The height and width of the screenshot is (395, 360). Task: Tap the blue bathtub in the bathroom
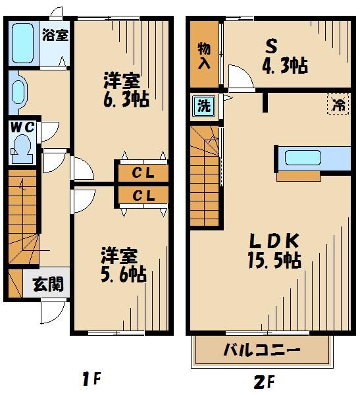tap(22, 43)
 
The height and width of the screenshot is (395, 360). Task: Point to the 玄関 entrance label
tap(48, 284)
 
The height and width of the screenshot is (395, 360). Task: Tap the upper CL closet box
tap(143, 174)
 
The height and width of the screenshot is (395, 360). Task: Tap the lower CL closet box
tap(143, 196)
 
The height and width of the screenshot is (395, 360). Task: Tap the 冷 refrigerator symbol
tap(339, 103)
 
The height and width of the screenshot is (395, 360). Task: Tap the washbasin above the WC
tap(17, 93)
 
